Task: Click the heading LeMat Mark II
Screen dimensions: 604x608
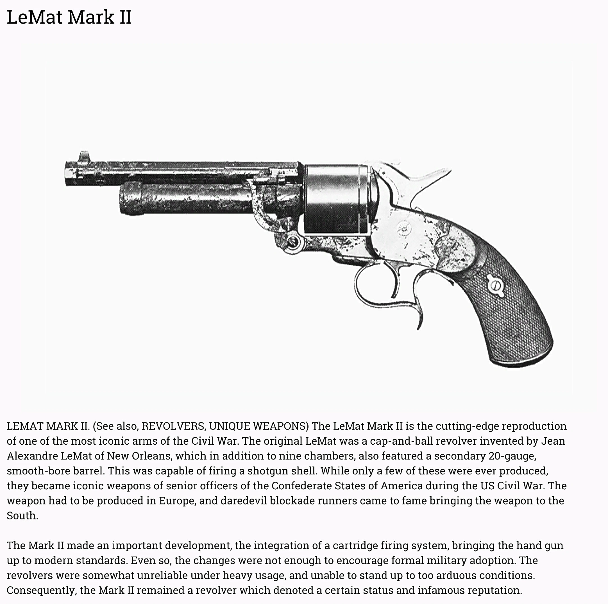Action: click(69, 17)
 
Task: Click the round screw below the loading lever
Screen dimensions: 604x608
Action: click(293, 242)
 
